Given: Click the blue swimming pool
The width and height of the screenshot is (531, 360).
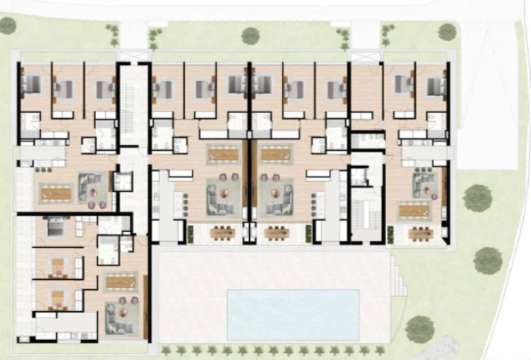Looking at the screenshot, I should point(293,314).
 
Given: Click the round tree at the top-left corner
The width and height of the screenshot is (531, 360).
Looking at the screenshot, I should point(8,26).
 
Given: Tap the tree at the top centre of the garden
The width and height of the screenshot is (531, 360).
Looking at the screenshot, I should point(250,35).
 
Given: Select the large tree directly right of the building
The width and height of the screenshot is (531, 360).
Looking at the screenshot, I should point(478,198).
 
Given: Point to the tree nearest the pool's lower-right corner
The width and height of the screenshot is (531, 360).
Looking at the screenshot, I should point(420,329).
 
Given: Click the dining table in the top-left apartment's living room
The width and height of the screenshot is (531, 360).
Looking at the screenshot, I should point(55,192).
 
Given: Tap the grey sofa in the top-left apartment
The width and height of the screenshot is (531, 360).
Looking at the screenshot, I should point(92,188).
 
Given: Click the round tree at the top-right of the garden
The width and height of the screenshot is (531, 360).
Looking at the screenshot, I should point(447,31).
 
